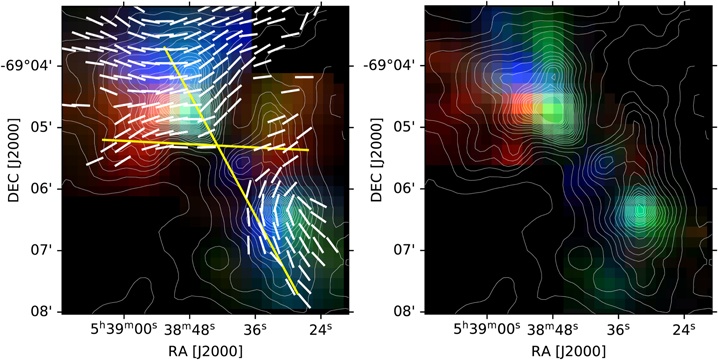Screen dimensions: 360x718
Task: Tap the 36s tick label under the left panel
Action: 255,328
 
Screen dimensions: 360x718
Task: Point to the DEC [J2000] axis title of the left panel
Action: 11,158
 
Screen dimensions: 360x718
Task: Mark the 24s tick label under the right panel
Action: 684,328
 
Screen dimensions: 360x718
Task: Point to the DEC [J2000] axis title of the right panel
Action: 374,158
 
